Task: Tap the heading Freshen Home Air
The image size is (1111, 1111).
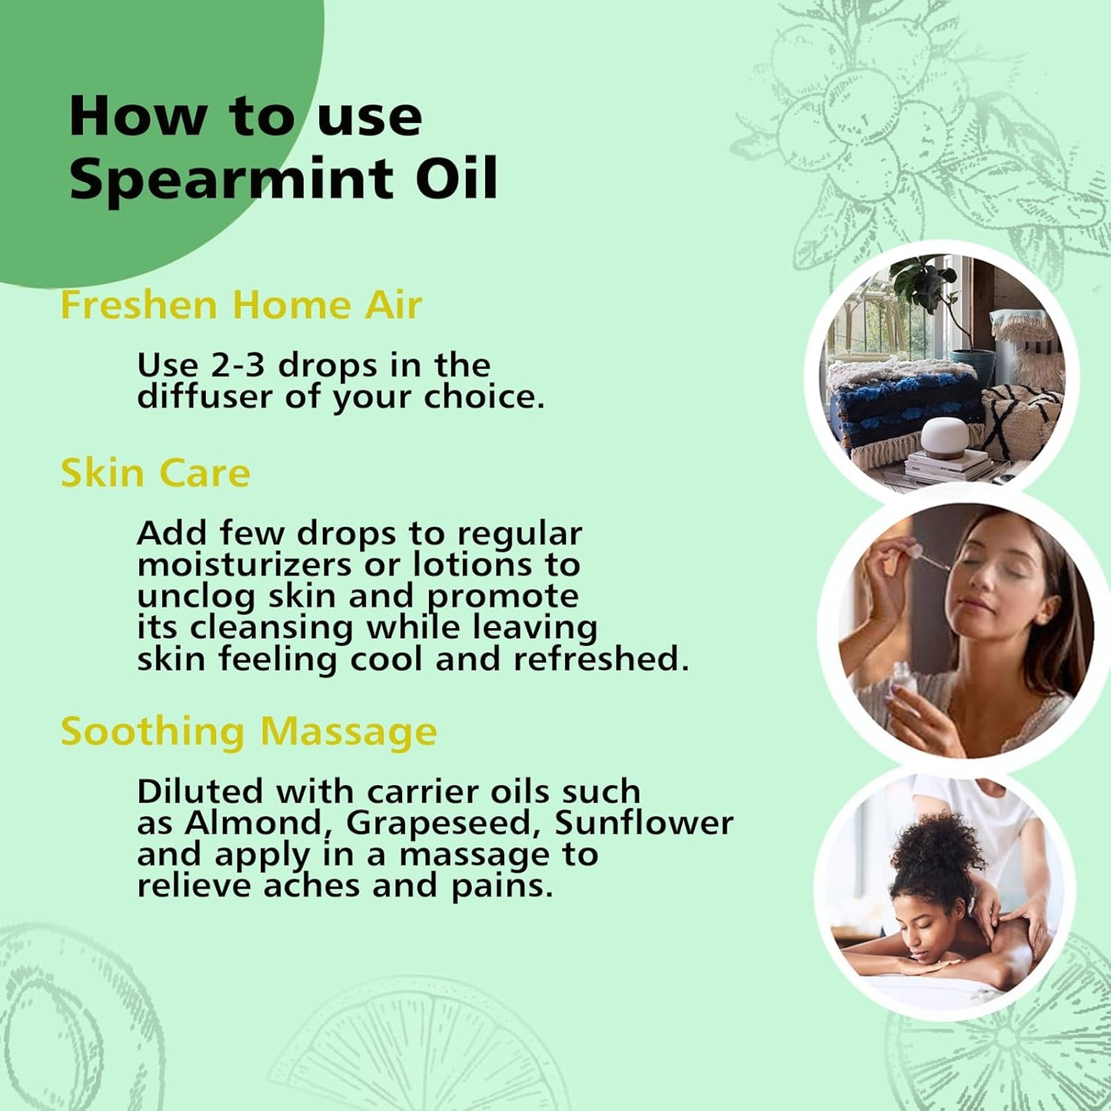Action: tap(241, 304)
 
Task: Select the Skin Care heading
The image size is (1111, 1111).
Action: tap(155, 473)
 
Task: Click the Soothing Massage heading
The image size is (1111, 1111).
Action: tap(248, 731)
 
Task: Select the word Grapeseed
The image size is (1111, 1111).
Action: tap(438, 823)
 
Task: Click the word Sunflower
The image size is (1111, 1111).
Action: tap(644, 823)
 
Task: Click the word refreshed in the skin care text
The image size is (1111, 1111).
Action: tap(600, 660)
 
